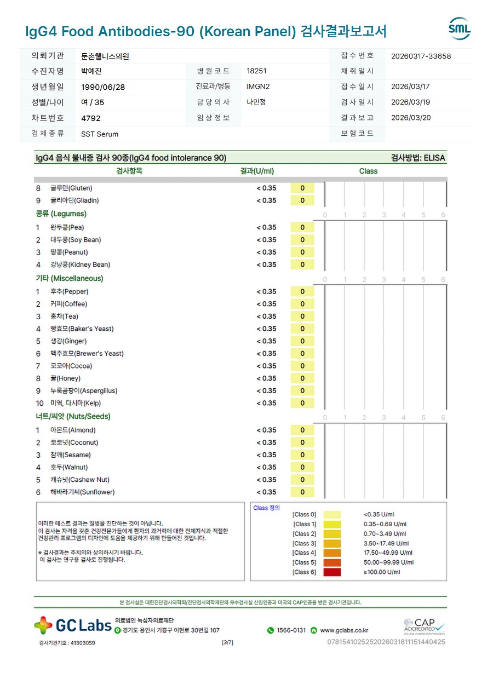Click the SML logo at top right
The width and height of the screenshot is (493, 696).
459,29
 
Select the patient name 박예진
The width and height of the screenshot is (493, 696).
91,71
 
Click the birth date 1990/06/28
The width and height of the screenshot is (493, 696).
103,87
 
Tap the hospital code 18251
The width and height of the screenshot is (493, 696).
257,71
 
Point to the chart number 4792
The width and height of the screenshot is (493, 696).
91,118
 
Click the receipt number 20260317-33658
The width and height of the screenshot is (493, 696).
421,56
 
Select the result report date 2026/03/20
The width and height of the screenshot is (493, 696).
411,118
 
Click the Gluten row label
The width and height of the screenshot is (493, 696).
71,188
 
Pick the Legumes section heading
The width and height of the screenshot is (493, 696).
61,214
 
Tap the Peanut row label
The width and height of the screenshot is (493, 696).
69,252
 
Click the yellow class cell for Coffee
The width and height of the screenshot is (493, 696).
302,304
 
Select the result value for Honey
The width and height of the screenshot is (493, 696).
267,378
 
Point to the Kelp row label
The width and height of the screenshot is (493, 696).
76,404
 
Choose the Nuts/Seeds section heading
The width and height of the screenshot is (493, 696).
73,417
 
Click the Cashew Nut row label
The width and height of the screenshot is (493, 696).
80,480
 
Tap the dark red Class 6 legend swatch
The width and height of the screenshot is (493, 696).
332,572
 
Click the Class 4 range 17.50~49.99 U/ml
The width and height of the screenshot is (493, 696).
388,553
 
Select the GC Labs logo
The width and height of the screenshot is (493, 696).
73,625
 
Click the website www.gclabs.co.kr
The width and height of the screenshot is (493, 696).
344,631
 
